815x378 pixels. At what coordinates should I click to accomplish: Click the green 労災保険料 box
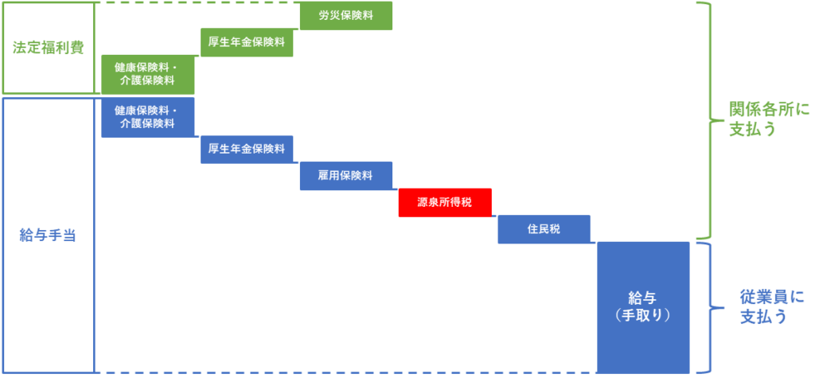coord(346,16)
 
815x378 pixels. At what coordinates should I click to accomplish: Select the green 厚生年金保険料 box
coord(247,43)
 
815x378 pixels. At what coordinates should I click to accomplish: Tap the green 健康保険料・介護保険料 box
coord(147,74)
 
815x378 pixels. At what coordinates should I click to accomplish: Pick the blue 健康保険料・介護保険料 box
coord(147,118)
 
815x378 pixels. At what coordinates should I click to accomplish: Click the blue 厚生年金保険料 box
coord(247,150)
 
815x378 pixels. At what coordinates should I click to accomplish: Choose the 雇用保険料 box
coord(346,176)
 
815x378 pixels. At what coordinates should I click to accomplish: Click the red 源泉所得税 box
coord(445,203)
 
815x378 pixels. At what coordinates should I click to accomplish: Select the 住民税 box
coord(544,229)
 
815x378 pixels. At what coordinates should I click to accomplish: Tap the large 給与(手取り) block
coord(643,307)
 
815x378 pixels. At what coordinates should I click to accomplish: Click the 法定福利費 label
coord(49,48)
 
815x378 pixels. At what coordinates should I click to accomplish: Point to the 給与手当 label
coord(48,235)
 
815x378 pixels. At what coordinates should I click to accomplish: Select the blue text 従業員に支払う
coord(772,306)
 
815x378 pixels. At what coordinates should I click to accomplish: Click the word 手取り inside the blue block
coord(643,315)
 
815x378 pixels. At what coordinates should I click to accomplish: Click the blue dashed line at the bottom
coord(345,372)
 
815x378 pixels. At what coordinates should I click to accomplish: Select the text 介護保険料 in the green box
coord(147,81)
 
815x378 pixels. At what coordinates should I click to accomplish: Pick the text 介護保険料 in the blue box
coord(147,124)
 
